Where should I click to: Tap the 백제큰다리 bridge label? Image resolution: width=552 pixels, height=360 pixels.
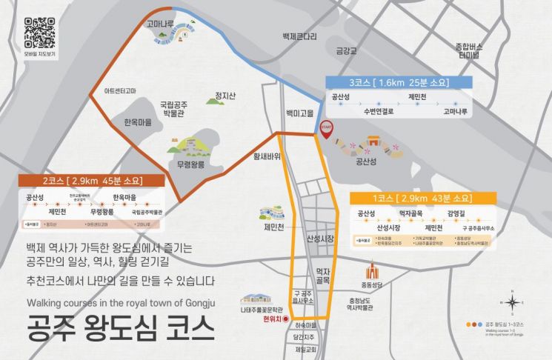coord(300,36)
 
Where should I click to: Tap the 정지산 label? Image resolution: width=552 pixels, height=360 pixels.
coord(225,96)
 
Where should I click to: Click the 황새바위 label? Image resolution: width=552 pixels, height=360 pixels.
coord(267,156)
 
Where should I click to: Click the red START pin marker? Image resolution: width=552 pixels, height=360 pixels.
coord(327,128)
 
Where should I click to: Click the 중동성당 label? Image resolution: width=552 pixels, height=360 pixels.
coord(373,284)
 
